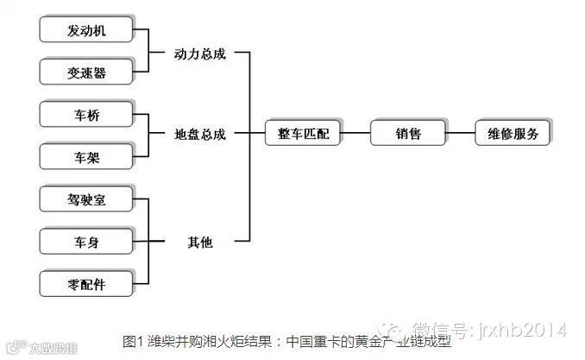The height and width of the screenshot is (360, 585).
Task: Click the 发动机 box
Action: pyautogui.click(x=86, y=31)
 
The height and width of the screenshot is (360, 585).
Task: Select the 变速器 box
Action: pyautogui.click(x=86, y=71)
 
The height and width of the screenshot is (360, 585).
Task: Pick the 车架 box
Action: pyautogui.click(x=86, y=156)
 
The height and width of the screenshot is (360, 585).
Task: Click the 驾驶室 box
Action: pyautogui.click(x=86, y=200)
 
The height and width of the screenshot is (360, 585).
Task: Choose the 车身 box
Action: pyautogui.click(x=86, y=242)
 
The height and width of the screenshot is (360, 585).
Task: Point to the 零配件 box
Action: pyautogui.click(x=86, y=282)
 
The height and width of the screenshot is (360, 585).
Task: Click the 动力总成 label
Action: pyautogui.click(x=199, y=53)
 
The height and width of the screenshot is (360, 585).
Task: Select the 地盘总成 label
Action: pyautogui.click(x=199, y=135)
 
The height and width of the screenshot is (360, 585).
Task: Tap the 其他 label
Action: pyautogui.click(x=200, y=243)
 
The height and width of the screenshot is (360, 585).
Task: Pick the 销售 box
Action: pyautogui.click(x=408, y=134)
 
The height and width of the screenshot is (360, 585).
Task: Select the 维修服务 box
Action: pyautogui.click(x=513, y=134)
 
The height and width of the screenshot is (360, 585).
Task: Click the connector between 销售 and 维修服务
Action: pyautogui.click(x=460, y=134)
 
